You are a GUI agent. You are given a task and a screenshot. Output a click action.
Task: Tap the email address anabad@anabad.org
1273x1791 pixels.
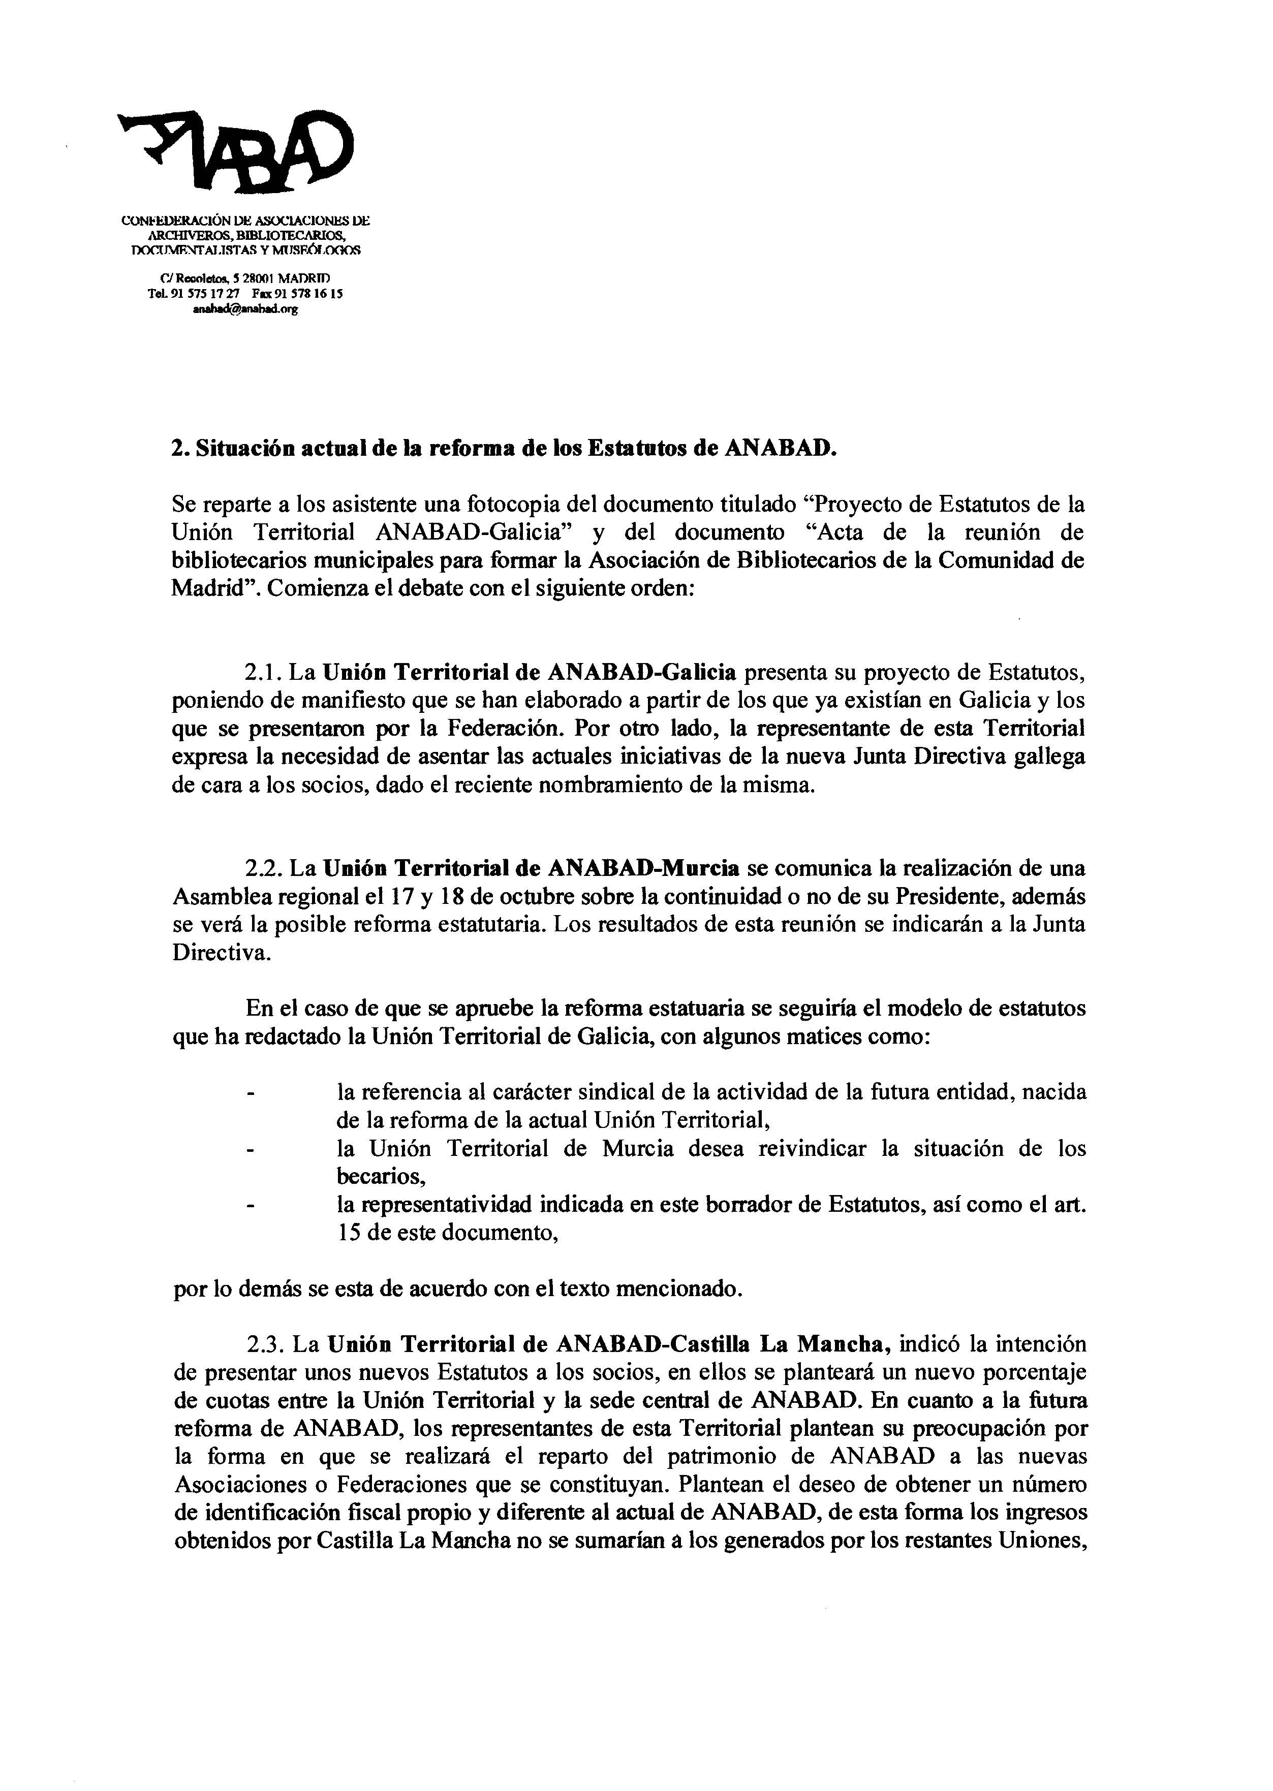[x=245, y=309]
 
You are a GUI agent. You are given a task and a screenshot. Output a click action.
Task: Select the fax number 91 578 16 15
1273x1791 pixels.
[x=307, y=294]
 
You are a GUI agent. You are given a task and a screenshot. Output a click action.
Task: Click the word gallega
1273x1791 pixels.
[x=1047, y=757]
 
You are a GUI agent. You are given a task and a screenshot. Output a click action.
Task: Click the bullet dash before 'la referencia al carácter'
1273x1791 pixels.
[x=251, y=1092]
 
